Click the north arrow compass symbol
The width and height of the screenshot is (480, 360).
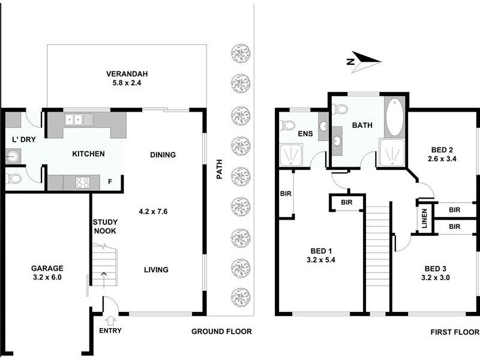[x=364, y=61]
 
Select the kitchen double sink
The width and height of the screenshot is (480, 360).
[x=79, y=119]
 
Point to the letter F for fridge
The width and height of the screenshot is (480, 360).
[x=109, y=181]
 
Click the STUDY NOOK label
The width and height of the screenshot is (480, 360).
[x=104, y=226]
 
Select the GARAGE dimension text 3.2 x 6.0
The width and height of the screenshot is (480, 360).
[x=46, y=278]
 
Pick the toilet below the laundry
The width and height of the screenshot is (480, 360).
[x=13, y=179]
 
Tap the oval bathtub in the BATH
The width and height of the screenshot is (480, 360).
[x=394, y=117]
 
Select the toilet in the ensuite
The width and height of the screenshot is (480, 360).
[x=288, y=126]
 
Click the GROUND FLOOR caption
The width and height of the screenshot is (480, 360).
[x=221, y=332]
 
